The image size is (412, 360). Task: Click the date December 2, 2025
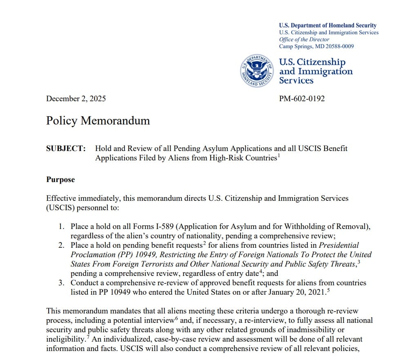(x=76, y=98)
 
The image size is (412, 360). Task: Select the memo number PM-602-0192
(x=302, y=98)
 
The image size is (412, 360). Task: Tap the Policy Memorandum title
(x=98, y=121)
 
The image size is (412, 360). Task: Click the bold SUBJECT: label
(x=66, y=148)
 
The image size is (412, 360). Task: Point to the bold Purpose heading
(x=60, y=180)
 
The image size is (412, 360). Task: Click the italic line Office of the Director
(x=304, y=39)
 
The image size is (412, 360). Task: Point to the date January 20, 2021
(x=294, y=292)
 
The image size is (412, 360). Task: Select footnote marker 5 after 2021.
(x=329, y=290)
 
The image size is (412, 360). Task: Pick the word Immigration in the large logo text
(x=325, y=71)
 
